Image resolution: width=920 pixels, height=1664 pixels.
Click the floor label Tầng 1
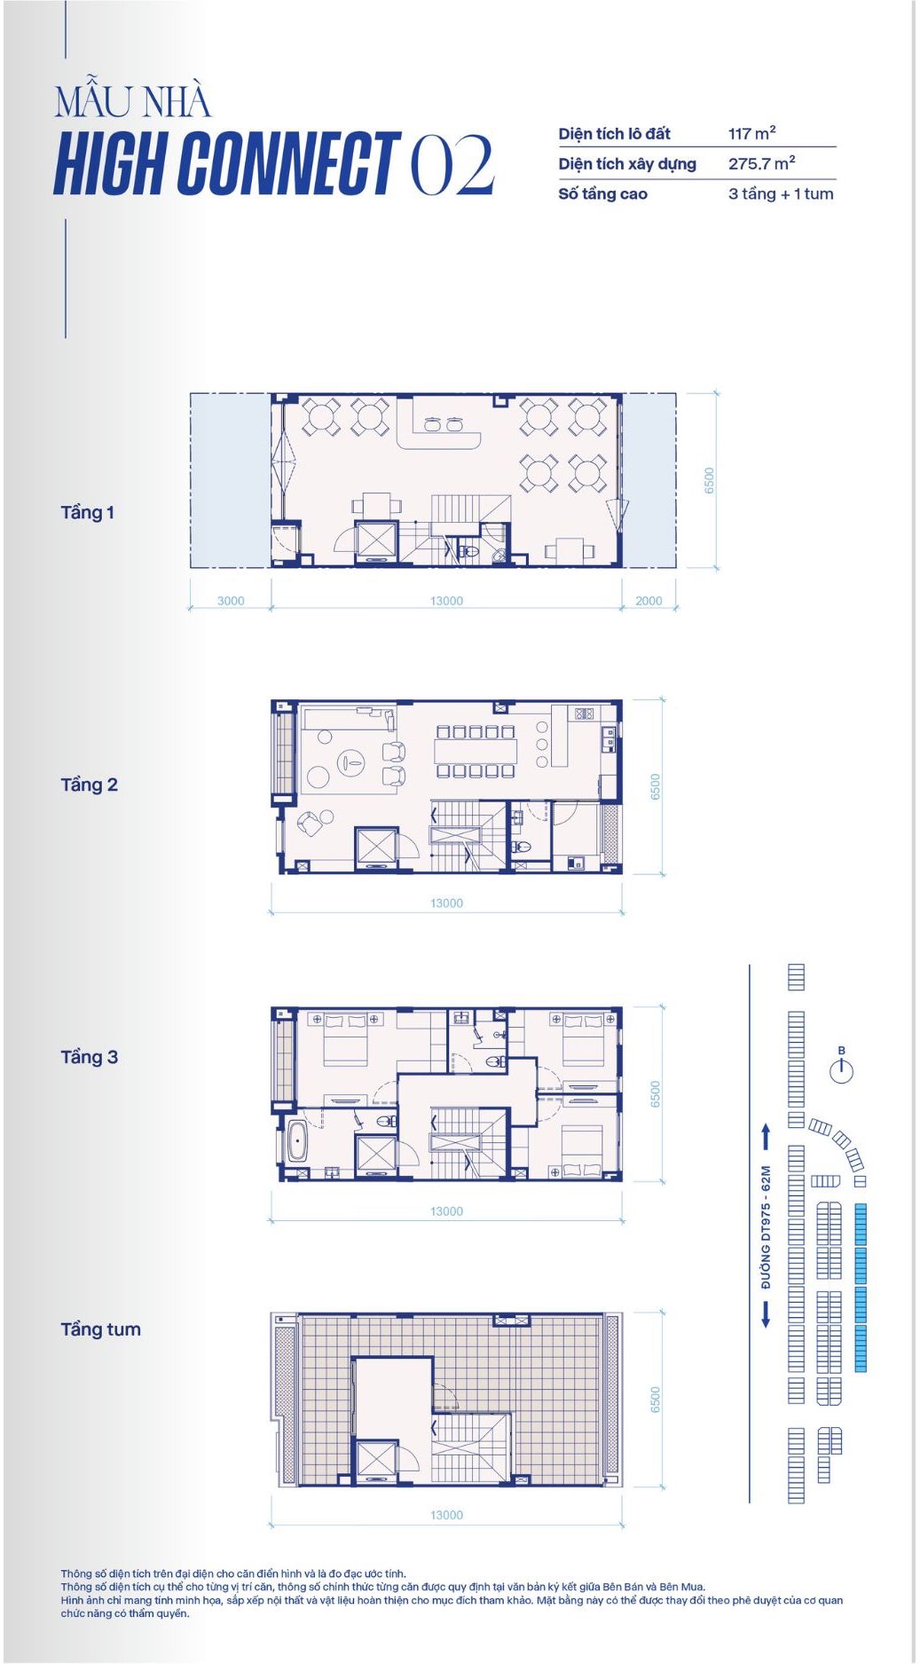point(87,512)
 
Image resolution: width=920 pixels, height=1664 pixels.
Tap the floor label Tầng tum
point(100,1329)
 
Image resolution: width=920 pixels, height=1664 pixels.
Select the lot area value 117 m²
point(752,133)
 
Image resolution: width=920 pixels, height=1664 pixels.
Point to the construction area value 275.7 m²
point(762,163)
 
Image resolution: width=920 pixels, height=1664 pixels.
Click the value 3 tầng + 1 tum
point(781,193)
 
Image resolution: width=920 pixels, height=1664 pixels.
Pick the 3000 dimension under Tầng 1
point(231,601)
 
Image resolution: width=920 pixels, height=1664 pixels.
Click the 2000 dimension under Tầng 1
point(649,601)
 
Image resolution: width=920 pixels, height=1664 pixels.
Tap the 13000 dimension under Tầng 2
point(446,903)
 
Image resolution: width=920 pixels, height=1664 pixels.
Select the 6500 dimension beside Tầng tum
point(656,1400)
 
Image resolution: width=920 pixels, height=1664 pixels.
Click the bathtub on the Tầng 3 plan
point(296,1141)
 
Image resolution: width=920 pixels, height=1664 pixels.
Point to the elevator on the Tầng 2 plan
point(376,847)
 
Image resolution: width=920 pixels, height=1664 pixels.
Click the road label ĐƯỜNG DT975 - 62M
point(766,1226)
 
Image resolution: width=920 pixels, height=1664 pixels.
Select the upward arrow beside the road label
point(766,1136)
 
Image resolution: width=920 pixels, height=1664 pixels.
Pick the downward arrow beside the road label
point(766,1314)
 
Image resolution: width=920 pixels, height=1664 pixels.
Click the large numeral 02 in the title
point(452,164)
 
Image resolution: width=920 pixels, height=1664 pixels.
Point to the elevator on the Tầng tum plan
point(376,1461)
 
